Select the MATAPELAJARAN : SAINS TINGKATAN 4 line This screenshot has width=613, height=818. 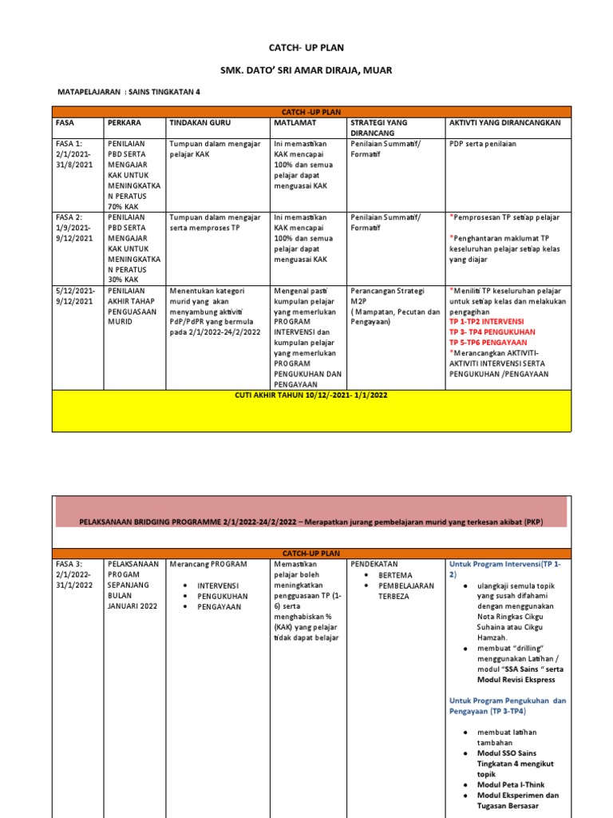(129, 92)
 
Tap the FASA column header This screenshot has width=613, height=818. (65, 122)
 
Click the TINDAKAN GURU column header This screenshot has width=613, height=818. (197, 122)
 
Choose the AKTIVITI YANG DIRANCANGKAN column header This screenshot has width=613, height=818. (505, 122)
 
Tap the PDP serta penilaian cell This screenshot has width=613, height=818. (483, 144)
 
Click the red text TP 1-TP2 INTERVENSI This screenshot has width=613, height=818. (492, 320)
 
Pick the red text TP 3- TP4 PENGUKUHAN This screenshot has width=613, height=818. (492, 331)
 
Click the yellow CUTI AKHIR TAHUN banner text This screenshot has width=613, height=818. (310, 395)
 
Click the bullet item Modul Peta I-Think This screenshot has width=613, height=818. (511, 784)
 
